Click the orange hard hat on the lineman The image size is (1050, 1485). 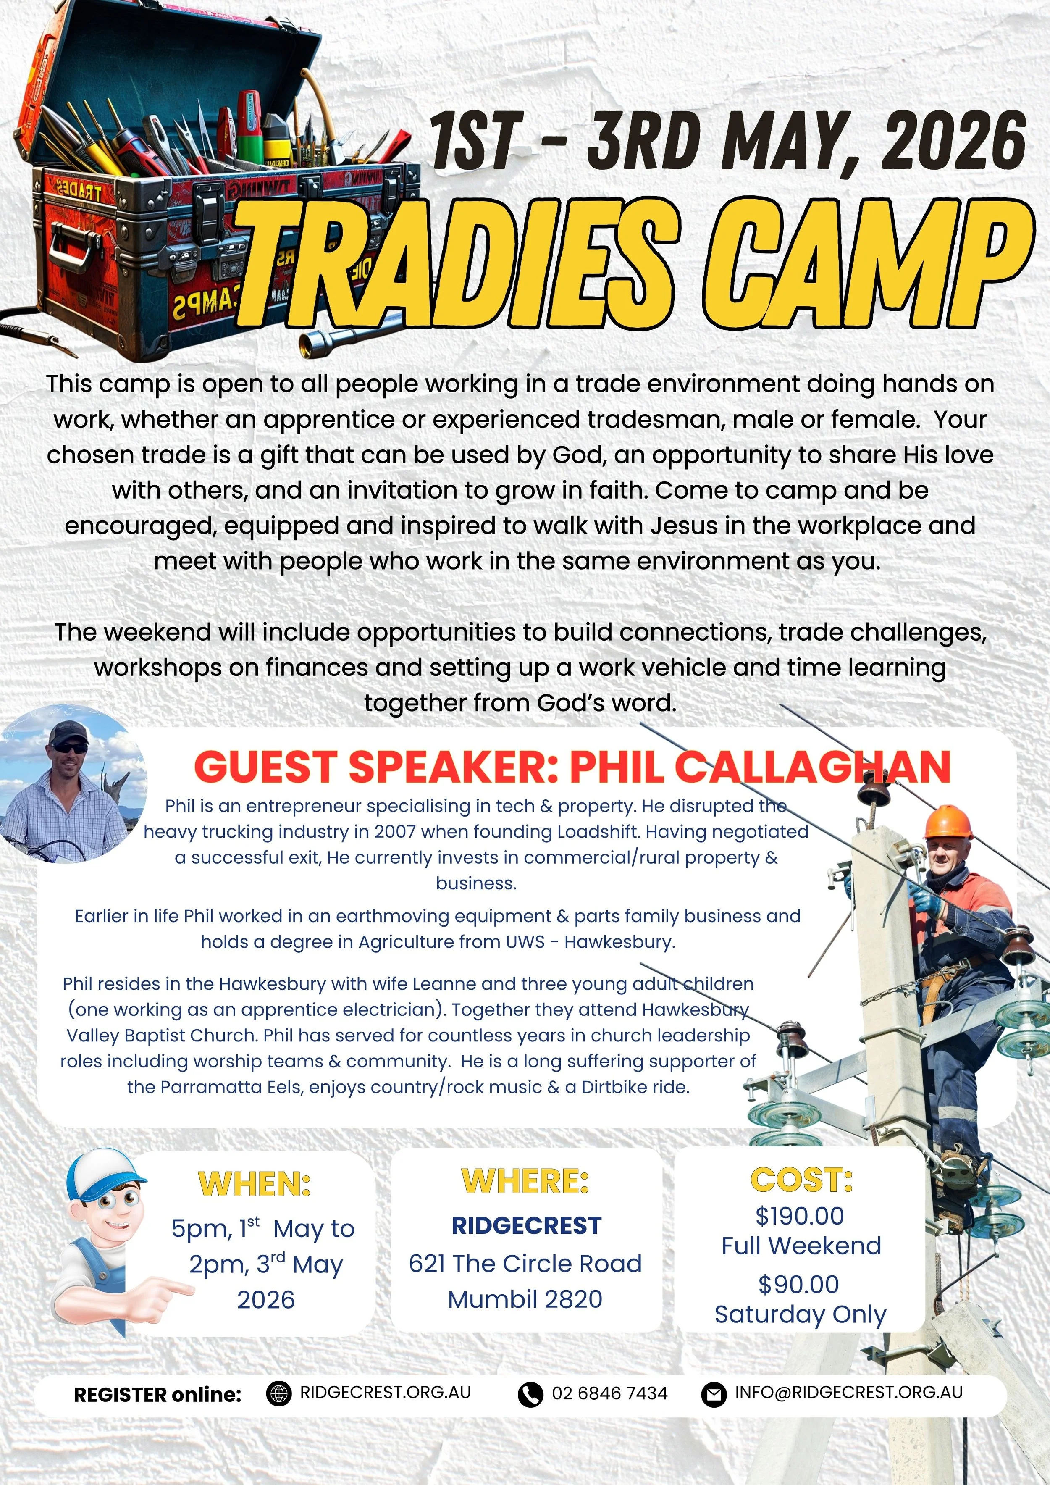pos(948,821)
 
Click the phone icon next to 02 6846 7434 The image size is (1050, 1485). pos(530,1393)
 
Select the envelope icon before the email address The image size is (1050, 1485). pos(714,1393)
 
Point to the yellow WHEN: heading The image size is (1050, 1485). pos(254,1183)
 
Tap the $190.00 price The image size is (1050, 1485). pos(800,1216)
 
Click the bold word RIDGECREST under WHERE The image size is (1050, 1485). pos(526,1225)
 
